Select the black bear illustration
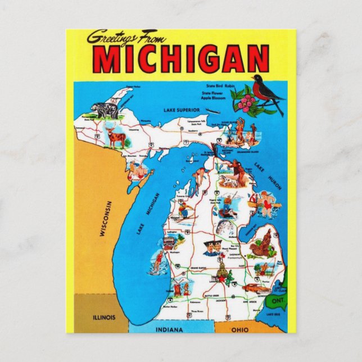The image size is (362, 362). [x=107, y=110]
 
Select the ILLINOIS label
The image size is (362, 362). [x=104, y=317]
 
